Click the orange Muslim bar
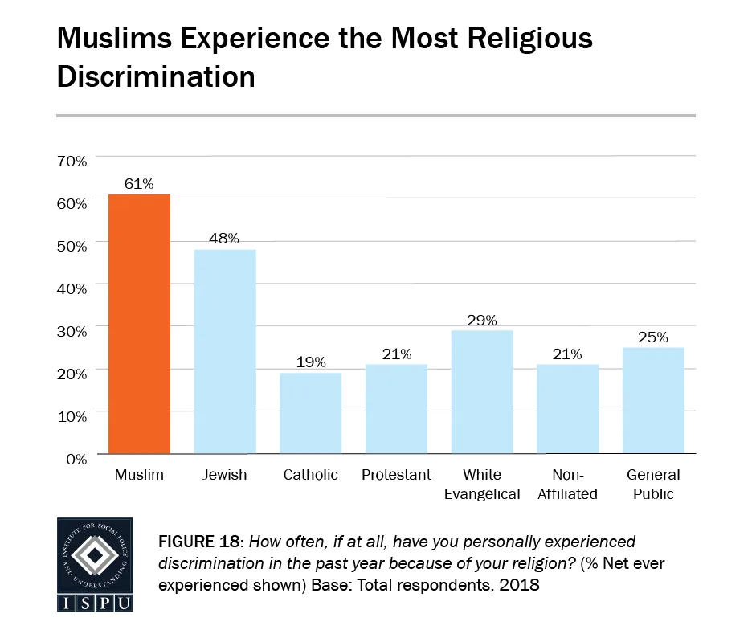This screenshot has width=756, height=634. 139,324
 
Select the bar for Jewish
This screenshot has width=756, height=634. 225,351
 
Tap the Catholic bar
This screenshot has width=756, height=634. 310,413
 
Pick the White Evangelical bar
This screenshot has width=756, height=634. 482,391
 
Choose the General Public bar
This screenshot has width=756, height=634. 653,400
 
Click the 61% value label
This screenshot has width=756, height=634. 139,183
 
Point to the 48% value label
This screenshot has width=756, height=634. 225,239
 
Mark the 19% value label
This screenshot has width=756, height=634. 310,362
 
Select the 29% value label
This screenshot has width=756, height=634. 482,319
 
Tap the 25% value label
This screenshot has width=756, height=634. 653,337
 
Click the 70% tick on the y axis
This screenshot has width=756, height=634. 72,161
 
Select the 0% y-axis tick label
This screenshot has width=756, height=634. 76,459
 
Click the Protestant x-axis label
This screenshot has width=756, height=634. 396,475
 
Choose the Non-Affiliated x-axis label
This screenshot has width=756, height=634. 567,484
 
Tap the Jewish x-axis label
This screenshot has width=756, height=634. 225,475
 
